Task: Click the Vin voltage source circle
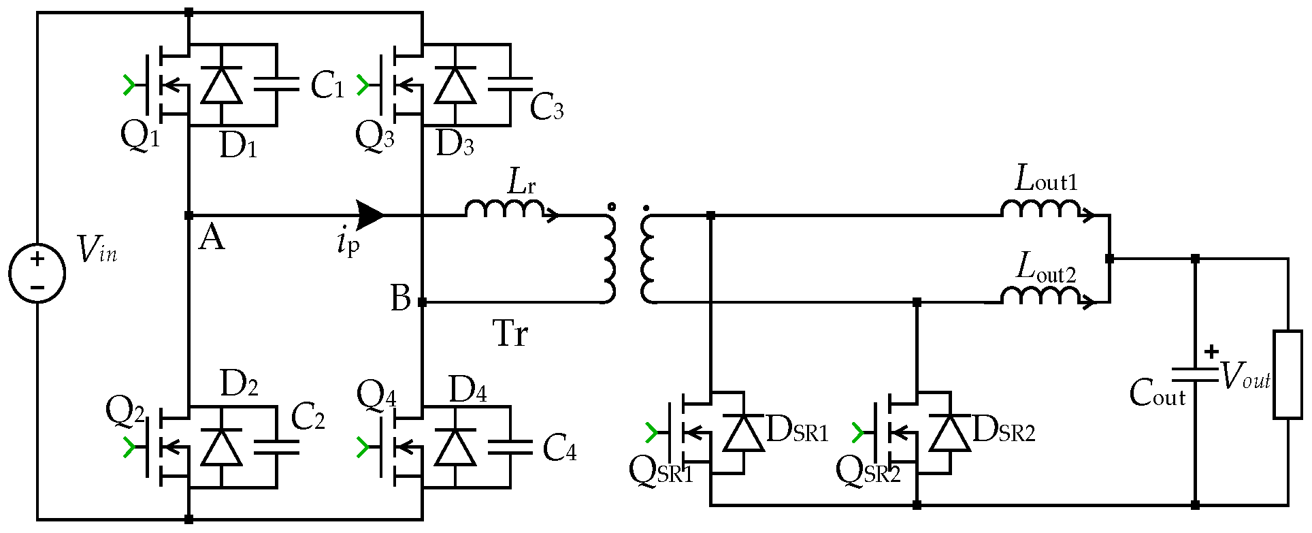click(x=37, y=272)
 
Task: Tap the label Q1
click(x=140, y=136)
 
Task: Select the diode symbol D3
click(x=455, y=85)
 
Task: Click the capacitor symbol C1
click(x=276, y=84)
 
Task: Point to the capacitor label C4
click(x=559, y=449)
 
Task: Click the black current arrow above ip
click(x=370, y=215)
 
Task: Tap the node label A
click(x=211, y=239)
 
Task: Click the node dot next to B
click(x=422, y=302)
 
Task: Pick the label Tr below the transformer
click(x=510, y=334)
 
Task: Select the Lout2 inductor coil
click(x=1040, y=295)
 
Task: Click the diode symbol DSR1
click(x=742, y=433)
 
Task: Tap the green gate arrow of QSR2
click(x=857, y=432)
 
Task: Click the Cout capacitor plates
click(x=1195, y=375)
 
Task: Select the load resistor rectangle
click(x=1288, y=374)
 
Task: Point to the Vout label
click(x=1245, y=376)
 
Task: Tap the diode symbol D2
click(x=221, y=447)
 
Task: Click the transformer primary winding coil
click(x=609, y=259)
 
